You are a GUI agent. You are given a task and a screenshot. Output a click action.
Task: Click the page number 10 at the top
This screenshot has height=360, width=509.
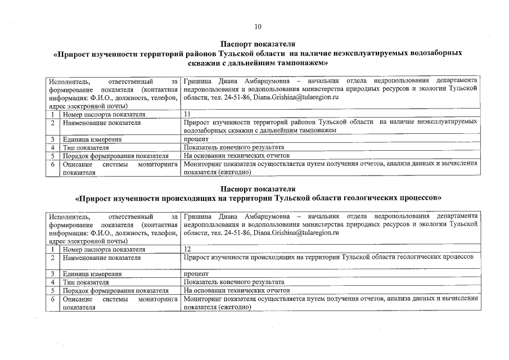258,26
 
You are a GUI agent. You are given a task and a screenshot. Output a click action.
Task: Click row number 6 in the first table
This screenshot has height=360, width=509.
52,164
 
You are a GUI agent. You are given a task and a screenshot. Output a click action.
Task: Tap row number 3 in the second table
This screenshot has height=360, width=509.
52,273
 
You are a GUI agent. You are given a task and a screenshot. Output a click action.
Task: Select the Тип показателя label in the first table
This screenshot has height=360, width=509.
85,147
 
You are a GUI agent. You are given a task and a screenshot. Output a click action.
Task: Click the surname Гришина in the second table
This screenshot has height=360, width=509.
196,216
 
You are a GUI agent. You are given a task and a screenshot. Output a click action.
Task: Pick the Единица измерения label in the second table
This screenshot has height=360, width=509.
92,273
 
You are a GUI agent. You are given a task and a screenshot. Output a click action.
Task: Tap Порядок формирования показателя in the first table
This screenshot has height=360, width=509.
116,156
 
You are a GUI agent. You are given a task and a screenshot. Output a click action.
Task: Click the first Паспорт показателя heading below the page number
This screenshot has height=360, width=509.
258,44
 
